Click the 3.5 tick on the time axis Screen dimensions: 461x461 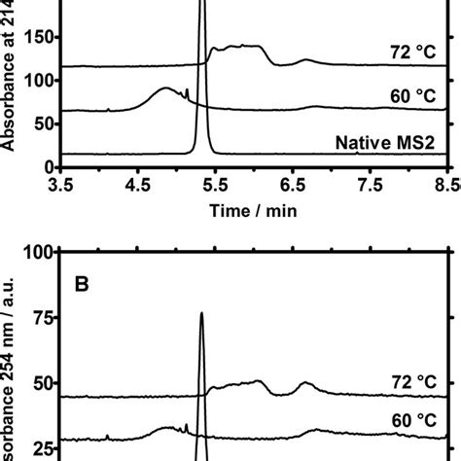coord(61,182)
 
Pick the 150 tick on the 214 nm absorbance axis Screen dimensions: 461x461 coord(38,39)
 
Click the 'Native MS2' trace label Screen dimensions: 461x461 coord(398,144)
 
